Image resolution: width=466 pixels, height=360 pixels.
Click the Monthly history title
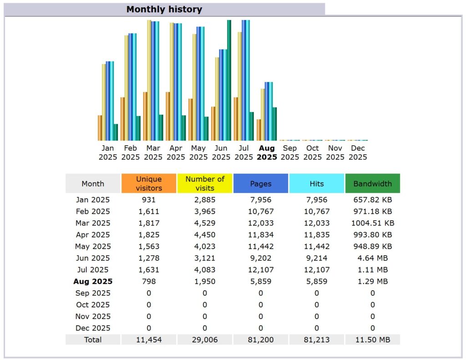point(164,9)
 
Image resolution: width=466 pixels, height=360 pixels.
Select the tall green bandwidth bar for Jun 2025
point(229,80)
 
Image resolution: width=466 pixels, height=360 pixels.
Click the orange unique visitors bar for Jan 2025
point(100,128)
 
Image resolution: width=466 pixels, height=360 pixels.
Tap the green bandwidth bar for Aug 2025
point(274,124)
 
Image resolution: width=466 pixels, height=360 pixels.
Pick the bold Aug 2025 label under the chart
point(267,152)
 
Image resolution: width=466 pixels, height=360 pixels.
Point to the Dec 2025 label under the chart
point(358,152)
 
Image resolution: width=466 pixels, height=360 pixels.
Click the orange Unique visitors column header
point(149,183)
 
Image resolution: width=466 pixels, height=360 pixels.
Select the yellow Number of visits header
point(205,183)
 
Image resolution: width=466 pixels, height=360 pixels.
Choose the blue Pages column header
point(261,184)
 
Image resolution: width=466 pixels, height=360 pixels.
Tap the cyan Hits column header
point(317,184)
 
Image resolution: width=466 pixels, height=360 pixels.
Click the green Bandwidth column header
point(372,184)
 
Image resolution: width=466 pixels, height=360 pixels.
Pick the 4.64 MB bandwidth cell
point(372,258)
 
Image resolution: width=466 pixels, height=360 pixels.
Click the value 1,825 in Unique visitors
point(149,235)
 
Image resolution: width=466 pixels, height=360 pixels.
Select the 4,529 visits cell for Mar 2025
point(205,223)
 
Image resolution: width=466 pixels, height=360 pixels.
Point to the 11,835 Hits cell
point(317,235)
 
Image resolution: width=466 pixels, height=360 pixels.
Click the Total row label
point(93,340)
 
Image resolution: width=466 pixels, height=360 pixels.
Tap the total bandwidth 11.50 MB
point(372,340)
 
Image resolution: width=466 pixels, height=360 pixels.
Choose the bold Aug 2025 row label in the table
point(93,281)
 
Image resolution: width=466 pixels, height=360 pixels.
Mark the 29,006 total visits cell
point(205,340)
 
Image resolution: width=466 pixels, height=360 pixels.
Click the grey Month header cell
point(93,184)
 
